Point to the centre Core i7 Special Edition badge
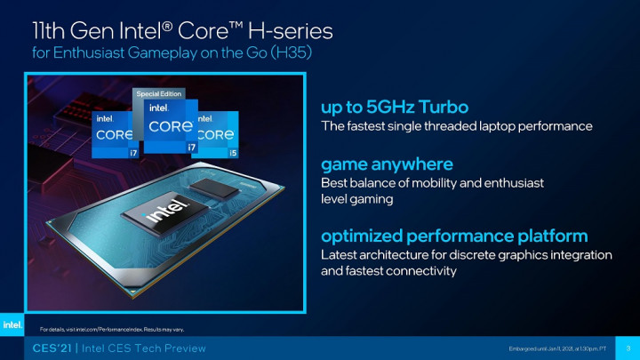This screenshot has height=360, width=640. point(171,126)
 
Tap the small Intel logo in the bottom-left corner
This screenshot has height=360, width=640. point(12,325)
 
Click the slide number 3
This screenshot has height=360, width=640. point(628,347)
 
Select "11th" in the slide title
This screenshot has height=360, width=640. point(51,31)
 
